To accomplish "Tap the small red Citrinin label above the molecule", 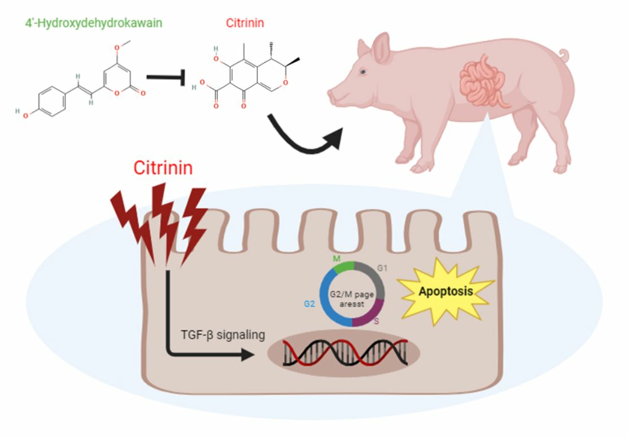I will tap(245, 23).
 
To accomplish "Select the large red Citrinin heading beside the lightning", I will tap(163, 168).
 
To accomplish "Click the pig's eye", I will tap(363, 71).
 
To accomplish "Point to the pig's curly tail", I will tap(562, 55).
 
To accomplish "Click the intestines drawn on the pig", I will tap(483, 82).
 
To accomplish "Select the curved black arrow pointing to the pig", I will tap(305, 136).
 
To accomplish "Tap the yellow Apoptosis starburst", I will tap(446, 292).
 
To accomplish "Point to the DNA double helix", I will tap(344, 353).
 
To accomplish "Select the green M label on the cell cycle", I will tap(338, 258).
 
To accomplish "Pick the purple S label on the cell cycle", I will tap(376, 321).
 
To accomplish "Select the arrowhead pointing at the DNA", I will tap(247, 355).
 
